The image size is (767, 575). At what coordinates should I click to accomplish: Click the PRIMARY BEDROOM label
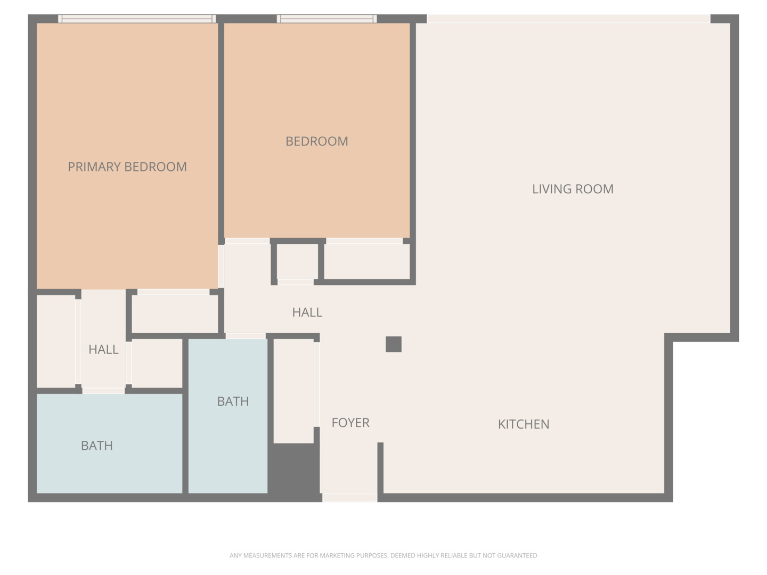(127, 167)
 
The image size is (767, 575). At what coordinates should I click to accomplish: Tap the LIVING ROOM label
(573, 189)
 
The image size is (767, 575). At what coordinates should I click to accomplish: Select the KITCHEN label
(524, 424)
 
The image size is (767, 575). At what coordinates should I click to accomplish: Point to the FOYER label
(350, 423)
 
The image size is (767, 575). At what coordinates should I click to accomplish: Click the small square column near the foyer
(394, 344)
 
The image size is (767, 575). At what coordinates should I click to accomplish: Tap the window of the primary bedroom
(137, 19)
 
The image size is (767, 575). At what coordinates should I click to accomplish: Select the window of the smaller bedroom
(327, 19)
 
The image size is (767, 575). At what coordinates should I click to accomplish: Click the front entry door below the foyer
(350, 497)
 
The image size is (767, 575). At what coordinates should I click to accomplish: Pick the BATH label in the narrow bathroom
(233, 401)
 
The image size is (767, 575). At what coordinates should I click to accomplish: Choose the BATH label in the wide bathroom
(97, 446)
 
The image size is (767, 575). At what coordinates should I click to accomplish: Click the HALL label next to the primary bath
(103, 349)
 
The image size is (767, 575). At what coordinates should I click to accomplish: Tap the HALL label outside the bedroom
(307, 312)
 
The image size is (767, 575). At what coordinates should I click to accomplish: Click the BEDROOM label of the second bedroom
(316, 142)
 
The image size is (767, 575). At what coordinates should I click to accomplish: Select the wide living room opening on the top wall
(568, 19)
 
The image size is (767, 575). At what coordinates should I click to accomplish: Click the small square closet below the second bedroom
(297, 261)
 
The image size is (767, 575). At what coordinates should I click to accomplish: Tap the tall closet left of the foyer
(293, 391)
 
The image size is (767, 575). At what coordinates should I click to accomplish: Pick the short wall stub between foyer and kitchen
(380, 468)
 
